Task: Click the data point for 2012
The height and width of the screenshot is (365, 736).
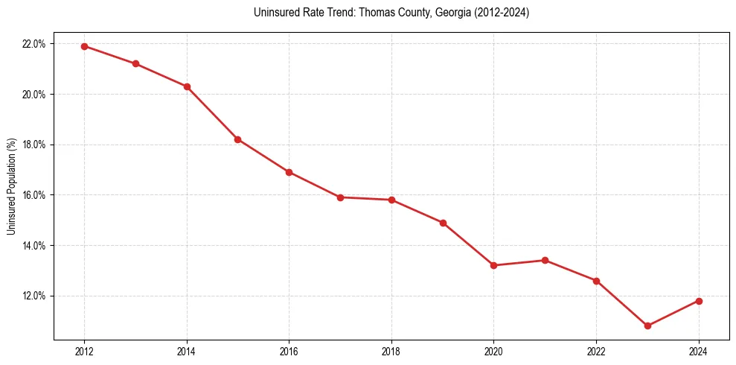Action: click(x=84, y=46)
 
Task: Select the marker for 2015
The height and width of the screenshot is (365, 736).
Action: click(x=237, y=139)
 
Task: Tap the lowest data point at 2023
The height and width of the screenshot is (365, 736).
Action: click(x=647, y=326)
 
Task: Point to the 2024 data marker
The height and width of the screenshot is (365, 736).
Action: click(x=699, y=301)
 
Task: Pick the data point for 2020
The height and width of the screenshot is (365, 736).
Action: click(x=494, y=265)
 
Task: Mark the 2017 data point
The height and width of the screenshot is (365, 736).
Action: click(x=340, y=197)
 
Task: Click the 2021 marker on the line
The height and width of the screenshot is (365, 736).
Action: click(x=545, y=260)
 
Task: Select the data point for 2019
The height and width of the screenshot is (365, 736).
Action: click(x=443, y=223)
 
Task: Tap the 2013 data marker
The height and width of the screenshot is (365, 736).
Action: click(x=135, y=63)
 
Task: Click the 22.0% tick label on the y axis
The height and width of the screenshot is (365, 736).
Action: click(x=34, y=44)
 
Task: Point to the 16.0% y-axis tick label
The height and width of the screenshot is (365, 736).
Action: click(x=34, y=195)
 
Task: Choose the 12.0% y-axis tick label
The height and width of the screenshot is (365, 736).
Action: click(x=34, y=296)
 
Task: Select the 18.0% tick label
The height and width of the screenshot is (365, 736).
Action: click(x=34, y=145)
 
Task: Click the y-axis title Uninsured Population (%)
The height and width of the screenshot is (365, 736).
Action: click(x=12, y=186)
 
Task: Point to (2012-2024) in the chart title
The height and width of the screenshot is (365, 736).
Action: click(x=501, y=13)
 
